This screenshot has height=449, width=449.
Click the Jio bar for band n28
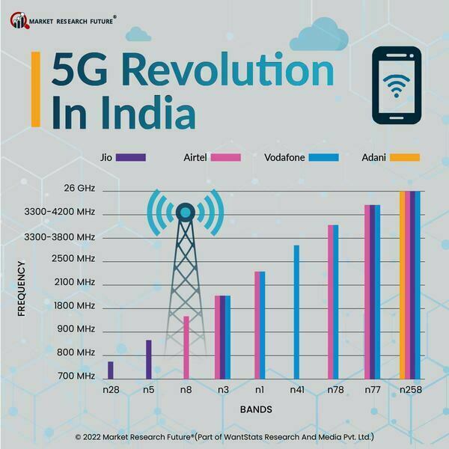111,370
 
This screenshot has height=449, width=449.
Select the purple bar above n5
148,359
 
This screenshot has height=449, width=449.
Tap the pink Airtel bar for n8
186,347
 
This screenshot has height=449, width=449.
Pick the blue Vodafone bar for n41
296,312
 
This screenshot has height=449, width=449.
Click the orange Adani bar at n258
403,285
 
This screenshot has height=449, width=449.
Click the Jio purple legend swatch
132,158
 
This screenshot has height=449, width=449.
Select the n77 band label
373,391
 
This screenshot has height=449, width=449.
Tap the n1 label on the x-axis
260,391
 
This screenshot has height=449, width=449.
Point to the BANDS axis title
256,410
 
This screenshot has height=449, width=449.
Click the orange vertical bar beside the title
35,89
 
